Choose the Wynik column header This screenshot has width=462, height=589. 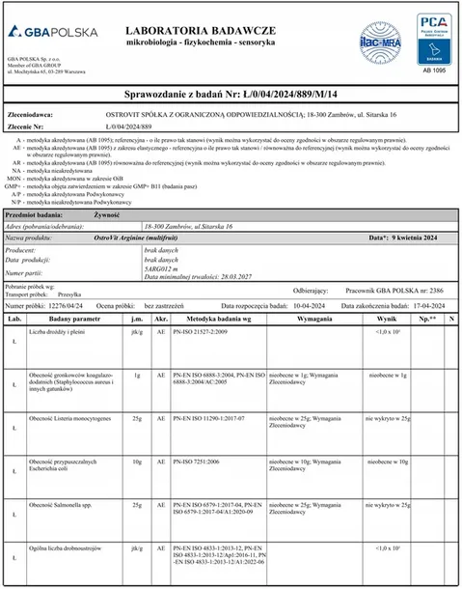[x=387, y=318]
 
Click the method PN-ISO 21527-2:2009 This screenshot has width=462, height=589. [x=203, y=330]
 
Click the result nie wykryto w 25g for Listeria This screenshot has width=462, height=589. [x=388, y=421]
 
